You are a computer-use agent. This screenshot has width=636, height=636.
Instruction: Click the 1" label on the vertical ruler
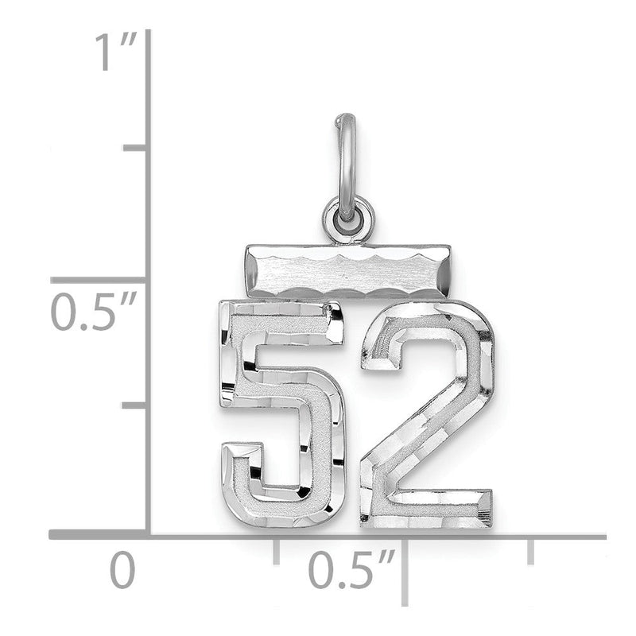point(115,52)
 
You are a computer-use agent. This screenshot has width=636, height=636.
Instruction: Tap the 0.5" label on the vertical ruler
point(93,312)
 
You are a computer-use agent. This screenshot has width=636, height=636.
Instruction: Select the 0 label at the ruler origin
point(122,570)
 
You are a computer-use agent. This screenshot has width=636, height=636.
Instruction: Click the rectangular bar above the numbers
point(348,271)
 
